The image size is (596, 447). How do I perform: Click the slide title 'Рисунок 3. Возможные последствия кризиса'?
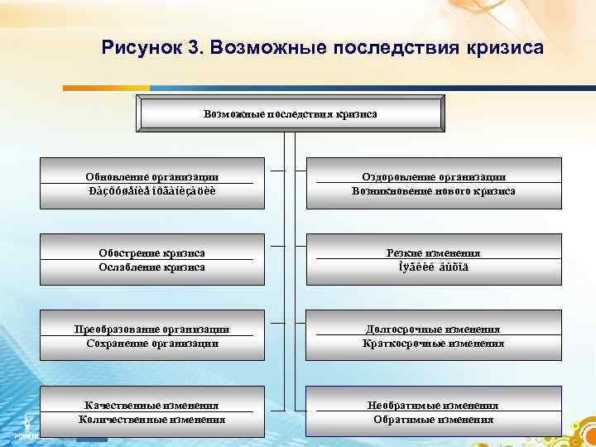pyautogui.click(x=323, y=46)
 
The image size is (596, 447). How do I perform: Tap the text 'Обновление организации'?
pyautogui.click(x=152, y=176)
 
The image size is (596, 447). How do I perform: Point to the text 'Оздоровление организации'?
pyautogui.click(x=434, y=176)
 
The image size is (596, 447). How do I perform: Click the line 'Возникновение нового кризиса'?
pyautogui.click(x=434, y=190)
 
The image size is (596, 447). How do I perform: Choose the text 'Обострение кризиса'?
pyautogui.click(x=152, y=252)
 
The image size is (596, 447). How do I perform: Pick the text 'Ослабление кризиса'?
pyautogui.click(x=152, y=267)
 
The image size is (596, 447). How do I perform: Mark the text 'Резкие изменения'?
pyautogui.click(x=434, y=252)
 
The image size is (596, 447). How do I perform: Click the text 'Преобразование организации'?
pyautogui.click(x=152, y=329)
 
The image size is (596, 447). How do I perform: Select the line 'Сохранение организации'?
pyautogui.click(x=152, y=343)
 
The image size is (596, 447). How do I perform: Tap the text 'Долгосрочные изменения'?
pyautogui.click(x=434, y=329)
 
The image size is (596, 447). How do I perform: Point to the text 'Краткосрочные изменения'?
pyautogui.click(x=434, y=343)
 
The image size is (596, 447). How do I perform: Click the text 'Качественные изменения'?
pyautogui.click(x=152, y=405)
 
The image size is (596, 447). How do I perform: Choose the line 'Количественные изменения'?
pyautogui.click(x=152, y=419)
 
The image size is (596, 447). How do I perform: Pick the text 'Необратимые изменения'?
pyautogui.click(x=434, y=405)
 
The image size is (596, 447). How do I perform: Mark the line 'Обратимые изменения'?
pyautogui.click(x=434, y=419)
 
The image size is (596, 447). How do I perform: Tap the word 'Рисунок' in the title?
pyautogui.click(x=139, y=46)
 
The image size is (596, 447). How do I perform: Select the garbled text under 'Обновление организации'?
pyautogui.click(x=152, y=190)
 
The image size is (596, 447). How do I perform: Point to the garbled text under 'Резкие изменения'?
pyautogui.click(x=434, y=267)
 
